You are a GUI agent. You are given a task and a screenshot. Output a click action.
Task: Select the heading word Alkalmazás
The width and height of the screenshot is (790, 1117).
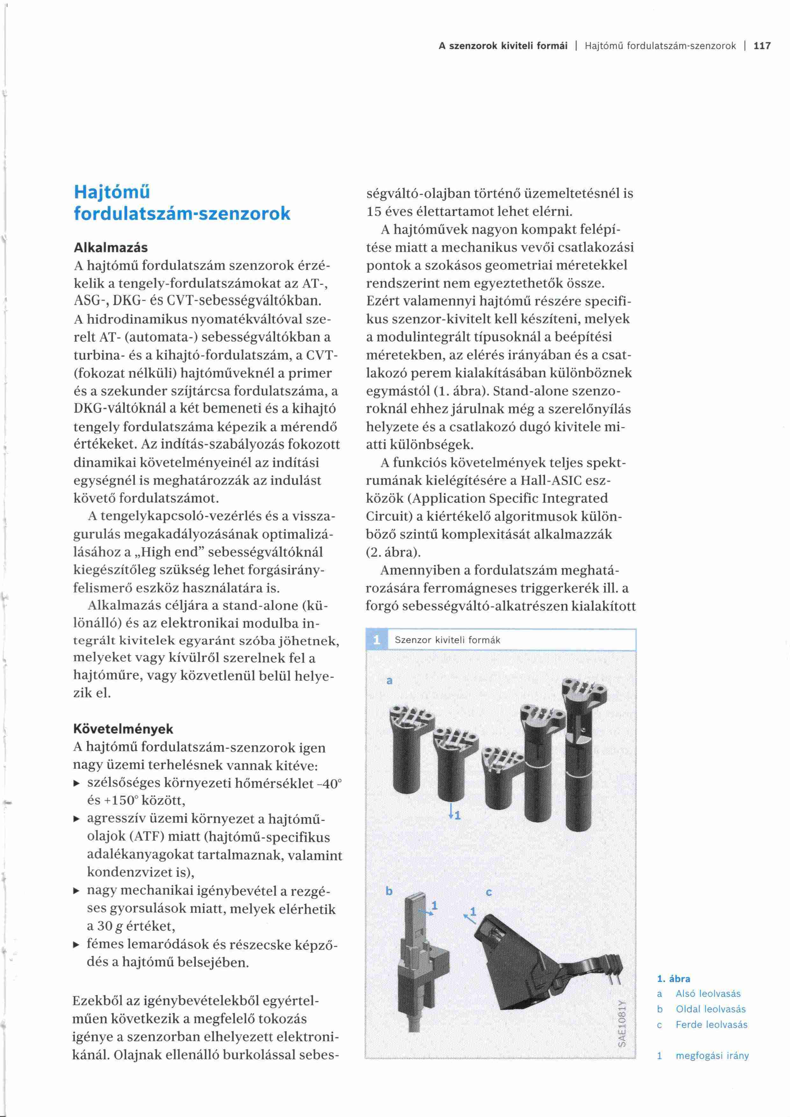111,247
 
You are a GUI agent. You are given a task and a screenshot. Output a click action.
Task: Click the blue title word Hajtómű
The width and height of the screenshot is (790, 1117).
112,193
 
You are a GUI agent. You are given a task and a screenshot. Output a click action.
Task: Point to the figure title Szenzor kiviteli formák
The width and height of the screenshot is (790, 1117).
448,640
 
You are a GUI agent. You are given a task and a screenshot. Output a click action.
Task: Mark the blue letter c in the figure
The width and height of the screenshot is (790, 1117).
489,892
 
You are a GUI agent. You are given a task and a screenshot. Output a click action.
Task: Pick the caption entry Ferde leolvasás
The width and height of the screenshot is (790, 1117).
711,1025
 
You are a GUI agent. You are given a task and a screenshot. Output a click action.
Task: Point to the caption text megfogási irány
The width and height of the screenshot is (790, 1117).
712,1056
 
